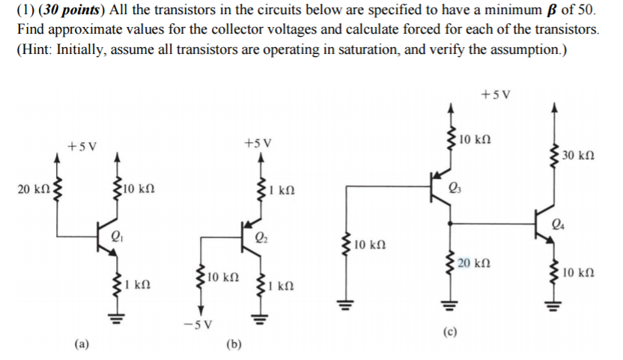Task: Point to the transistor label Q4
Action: tap(557, 222)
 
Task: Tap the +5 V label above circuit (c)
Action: tap(494, 94)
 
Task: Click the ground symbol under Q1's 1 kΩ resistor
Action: tap(116, 318)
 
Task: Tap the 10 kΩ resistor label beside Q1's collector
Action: tap(138, 189)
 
